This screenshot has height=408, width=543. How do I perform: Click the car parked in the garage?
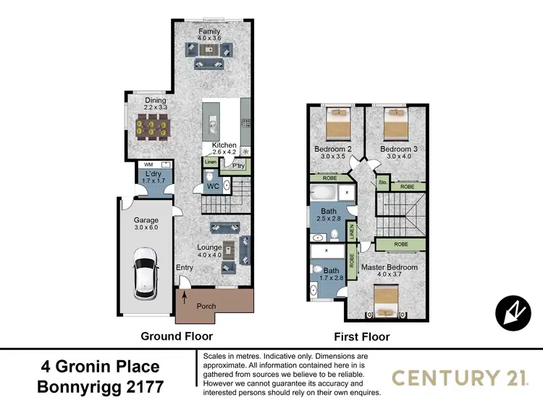[145, 275]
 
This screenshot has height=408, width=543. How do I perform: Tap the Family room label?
[210, 33]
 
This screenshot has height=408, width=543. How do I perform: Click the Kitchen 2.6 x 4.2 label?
[224, 149]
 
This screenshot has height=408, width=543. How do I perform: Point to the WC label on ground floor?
[213, 186]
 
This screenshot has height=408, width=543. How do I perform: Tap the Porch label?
[207, 307]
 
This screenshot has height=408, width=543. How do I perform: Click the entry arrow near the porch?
[184, 296]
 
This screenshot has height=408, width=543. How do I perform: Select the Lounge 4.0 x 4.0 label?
[209, 251]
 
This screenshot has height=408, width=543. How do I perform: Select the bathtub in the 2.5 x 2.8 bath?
[324, 193]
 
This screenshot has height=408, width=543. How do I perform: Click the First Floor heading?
[361, 337]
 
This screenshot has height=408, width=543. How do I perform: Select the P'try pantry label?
[238, 165]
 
